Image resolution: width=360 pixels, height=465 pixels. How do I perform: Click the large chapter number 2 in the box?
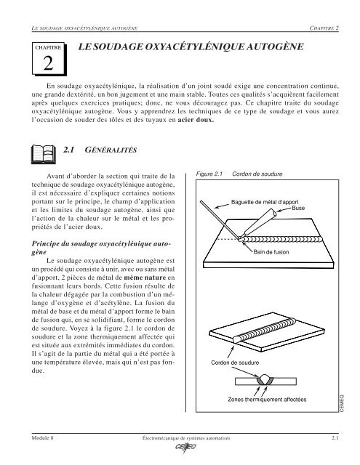(47, 64)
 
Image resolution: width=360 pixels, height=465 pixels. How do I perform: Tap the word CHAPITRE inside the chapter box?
(47, 48)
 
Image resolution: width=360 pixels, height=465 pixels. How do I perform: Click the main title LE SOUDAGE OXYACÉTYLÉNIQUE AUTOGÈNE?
(191, 46)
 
